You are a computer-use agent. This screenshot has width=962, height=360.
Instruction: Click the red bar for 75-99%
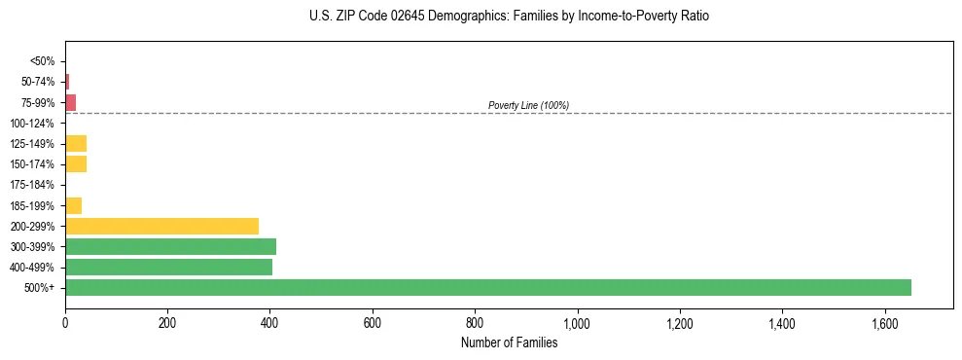(71, 102)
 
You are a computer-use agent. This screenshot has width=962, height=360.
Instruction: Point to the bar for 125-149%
(76, 143)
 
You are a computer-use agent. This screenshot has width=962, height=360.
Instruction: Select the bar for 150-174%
(76, 163)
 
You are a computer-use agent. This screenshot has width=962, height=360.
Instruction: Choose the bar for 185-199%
(74, 205)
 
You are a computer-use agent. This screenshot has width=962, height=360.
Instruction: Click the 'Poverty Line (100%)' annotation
(528, 105)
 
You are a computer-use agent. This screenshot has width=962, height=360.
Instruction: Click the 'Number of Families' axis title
(509, 342)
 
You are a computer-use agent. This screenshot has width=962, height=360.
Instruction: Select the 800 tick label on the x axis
(475, 322)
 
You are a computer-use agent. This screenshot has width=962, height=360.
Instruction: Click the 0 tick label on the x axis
(65, 322)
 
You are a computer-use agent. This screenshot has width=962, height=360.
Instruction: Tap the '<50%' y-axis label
(42, 61)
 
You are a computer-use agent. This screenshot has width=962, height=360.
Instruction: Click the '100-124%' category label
(32, 124)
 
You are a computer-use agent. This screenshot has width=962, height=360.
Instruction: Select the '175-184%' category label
(32, 185)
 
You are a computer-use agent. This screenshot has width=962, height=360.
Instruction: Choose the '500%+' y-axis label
(39, 288)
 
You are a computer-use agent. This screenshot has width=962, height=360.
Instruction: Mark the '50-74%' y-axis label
(37, 82)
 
